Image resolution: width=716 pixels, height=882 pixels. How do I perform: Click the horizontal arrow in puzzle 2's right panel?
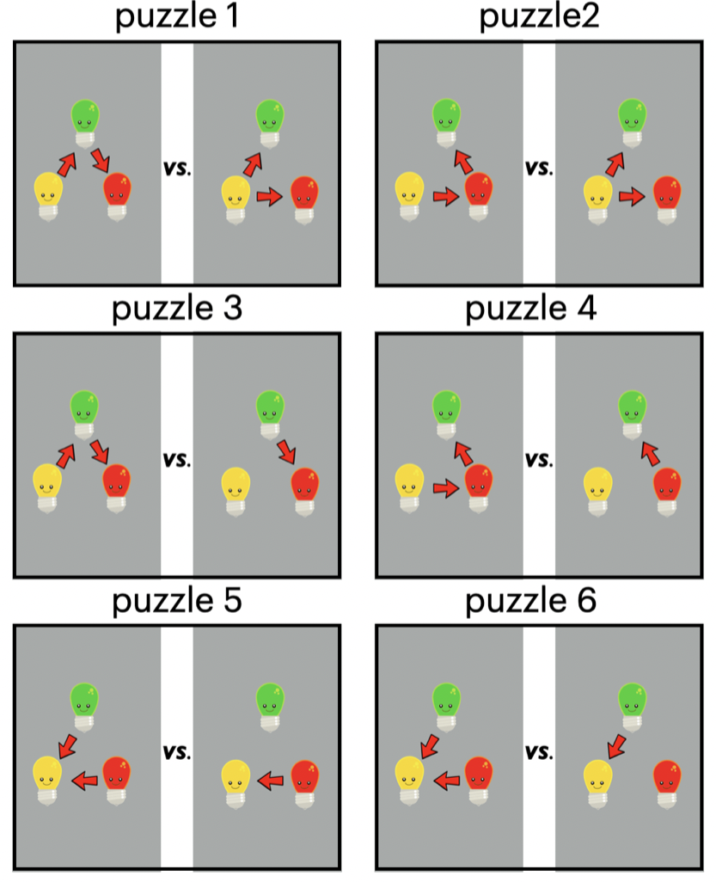(632, 197)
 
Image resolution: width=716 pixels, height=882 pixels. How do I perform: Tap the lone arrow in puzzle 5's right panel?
(271, 781)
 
